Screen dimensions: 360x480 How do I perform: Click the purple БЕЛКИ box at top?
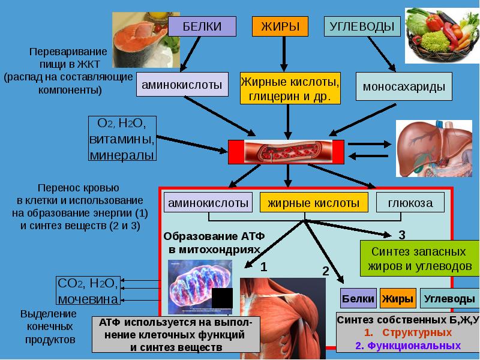click(202, 27)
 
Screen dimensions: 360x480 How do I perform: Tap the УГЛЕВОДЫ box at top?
click(362, 27)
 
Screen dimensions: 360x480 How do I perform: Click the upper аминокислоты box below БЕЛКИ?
click(182, 85)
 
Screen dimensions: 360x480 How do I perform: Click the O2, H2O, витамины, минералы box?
click(122, 139)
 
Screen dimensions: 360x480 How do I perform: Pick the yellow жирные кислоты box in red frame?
click(313, 203)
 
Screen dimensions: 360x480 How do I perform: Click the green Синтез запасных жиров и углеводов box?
click(419, 258)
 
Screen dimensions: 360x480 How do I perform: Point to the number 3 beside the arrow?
click(402, 234)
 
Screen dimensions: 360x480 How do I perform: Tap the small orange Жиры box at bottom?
click(397, 298)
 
